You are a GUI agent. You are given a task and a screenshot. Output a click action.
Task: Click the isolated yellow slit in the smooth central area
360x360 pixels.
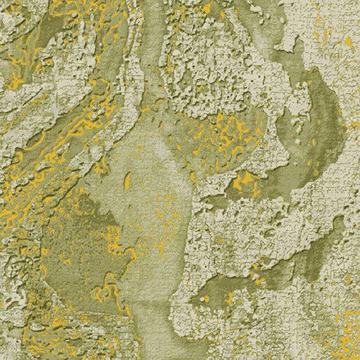click(128, 181)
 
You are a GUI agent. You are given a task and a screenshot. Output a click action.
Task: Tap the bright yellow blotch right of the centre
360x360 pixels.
click(245, 184)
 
